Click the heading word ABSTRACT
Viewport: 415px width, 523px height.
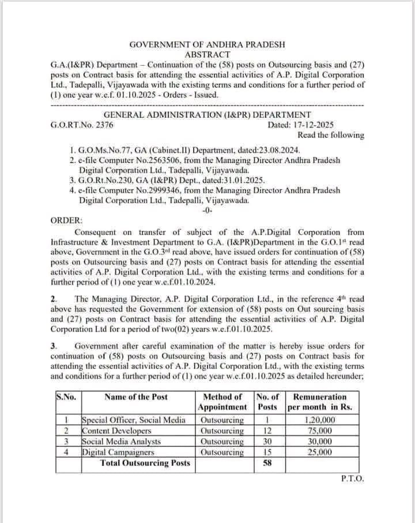coord(207,54)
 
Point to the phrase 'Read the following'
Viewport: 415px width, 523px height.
coord(330,135)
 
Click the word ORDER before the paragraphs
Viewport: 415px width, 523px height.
coord(66,220)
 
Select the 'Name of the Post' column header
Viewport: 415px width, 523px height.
coord(136,397)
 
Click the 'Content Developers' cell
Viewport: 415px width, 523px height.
coord(116,431)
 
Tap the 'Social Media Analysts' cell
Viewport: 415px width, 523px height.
coord(122,441)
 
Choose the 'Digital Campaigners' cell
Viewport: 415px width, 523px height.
coord(118,452)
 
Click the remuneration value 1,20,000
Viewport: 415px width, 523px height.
coord(320,420)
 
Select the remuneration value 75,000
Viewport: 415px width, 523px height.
coord(320,431)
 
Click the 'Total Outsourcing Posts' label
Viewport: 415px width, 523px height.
coord(145,462)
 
